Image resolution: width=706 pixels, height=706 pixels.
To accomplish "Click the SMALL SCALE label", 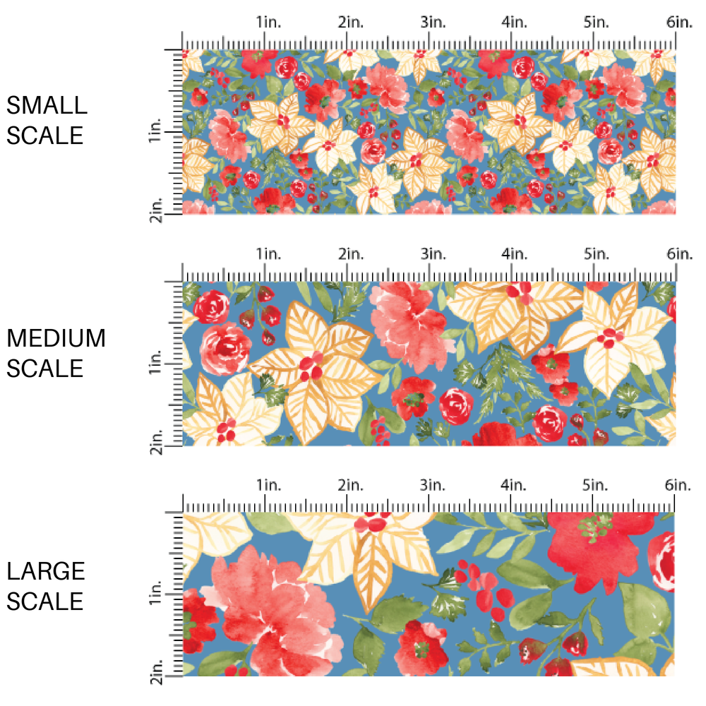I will [47, 120].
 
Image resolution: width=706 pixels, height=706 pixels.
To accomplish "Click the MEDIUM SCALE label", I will [56, 353].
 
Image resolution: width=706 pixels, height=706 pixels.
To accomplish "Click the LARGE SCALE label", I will [47, 586].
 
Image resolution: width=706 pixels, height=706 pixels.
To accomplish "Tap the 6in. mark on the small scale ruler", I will [678, 23].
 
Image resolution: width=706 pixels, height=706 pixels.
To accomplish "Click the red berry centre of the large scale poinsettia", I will [372, 524].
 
